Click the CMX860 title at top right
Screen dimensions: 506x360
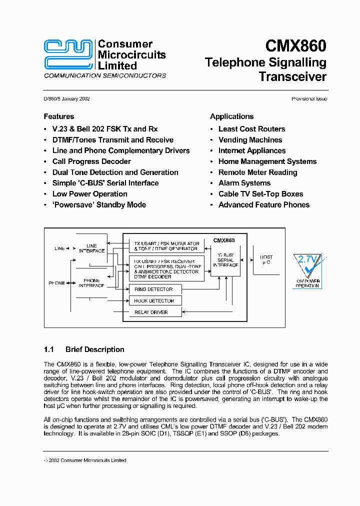click(x=295, y=46)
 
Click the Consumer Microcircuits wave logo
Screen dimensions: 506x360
click(x=68, y=54)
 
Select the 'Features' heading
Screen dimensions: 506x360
click(x=59, y=116)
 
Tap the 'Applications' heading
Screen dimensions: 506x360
click(x=231, y=116)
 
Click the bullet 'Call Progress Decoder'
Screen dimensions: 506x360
click(x=91, y=161)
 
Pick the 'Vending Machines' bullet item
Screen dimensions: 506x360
click(x=250, y=140)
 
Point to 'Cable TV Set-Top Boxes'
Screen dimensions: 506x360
click(x=260, y=194)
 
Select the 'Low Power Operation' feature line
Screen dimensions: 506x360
click(x=89, y=194)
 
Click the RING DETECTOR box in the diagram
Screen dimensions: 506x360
click(x=154, y=289)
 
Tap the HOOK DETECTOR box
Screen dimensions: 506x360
click(x=154, y=301)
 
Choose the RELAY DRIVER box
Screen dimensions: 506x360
click(x=154, y=312)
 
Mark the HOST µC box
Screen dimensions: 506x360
click(x=266, y=260)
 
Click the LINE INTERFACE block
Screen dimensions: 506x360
click(x=91, y=248)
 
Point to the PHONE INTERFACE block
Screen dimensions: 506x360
click(x=91, y=283)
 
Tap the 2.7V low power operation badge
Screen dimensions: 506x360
click(x=307, y=270)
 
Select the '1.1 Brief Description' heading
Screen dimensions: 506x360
click(x=84, y=349)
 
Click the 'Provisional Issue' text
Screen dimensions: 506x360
click(x=309, y=99)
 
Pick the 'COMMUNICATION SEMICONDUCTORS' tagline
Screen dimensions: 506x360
click(x=105, y=76)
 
